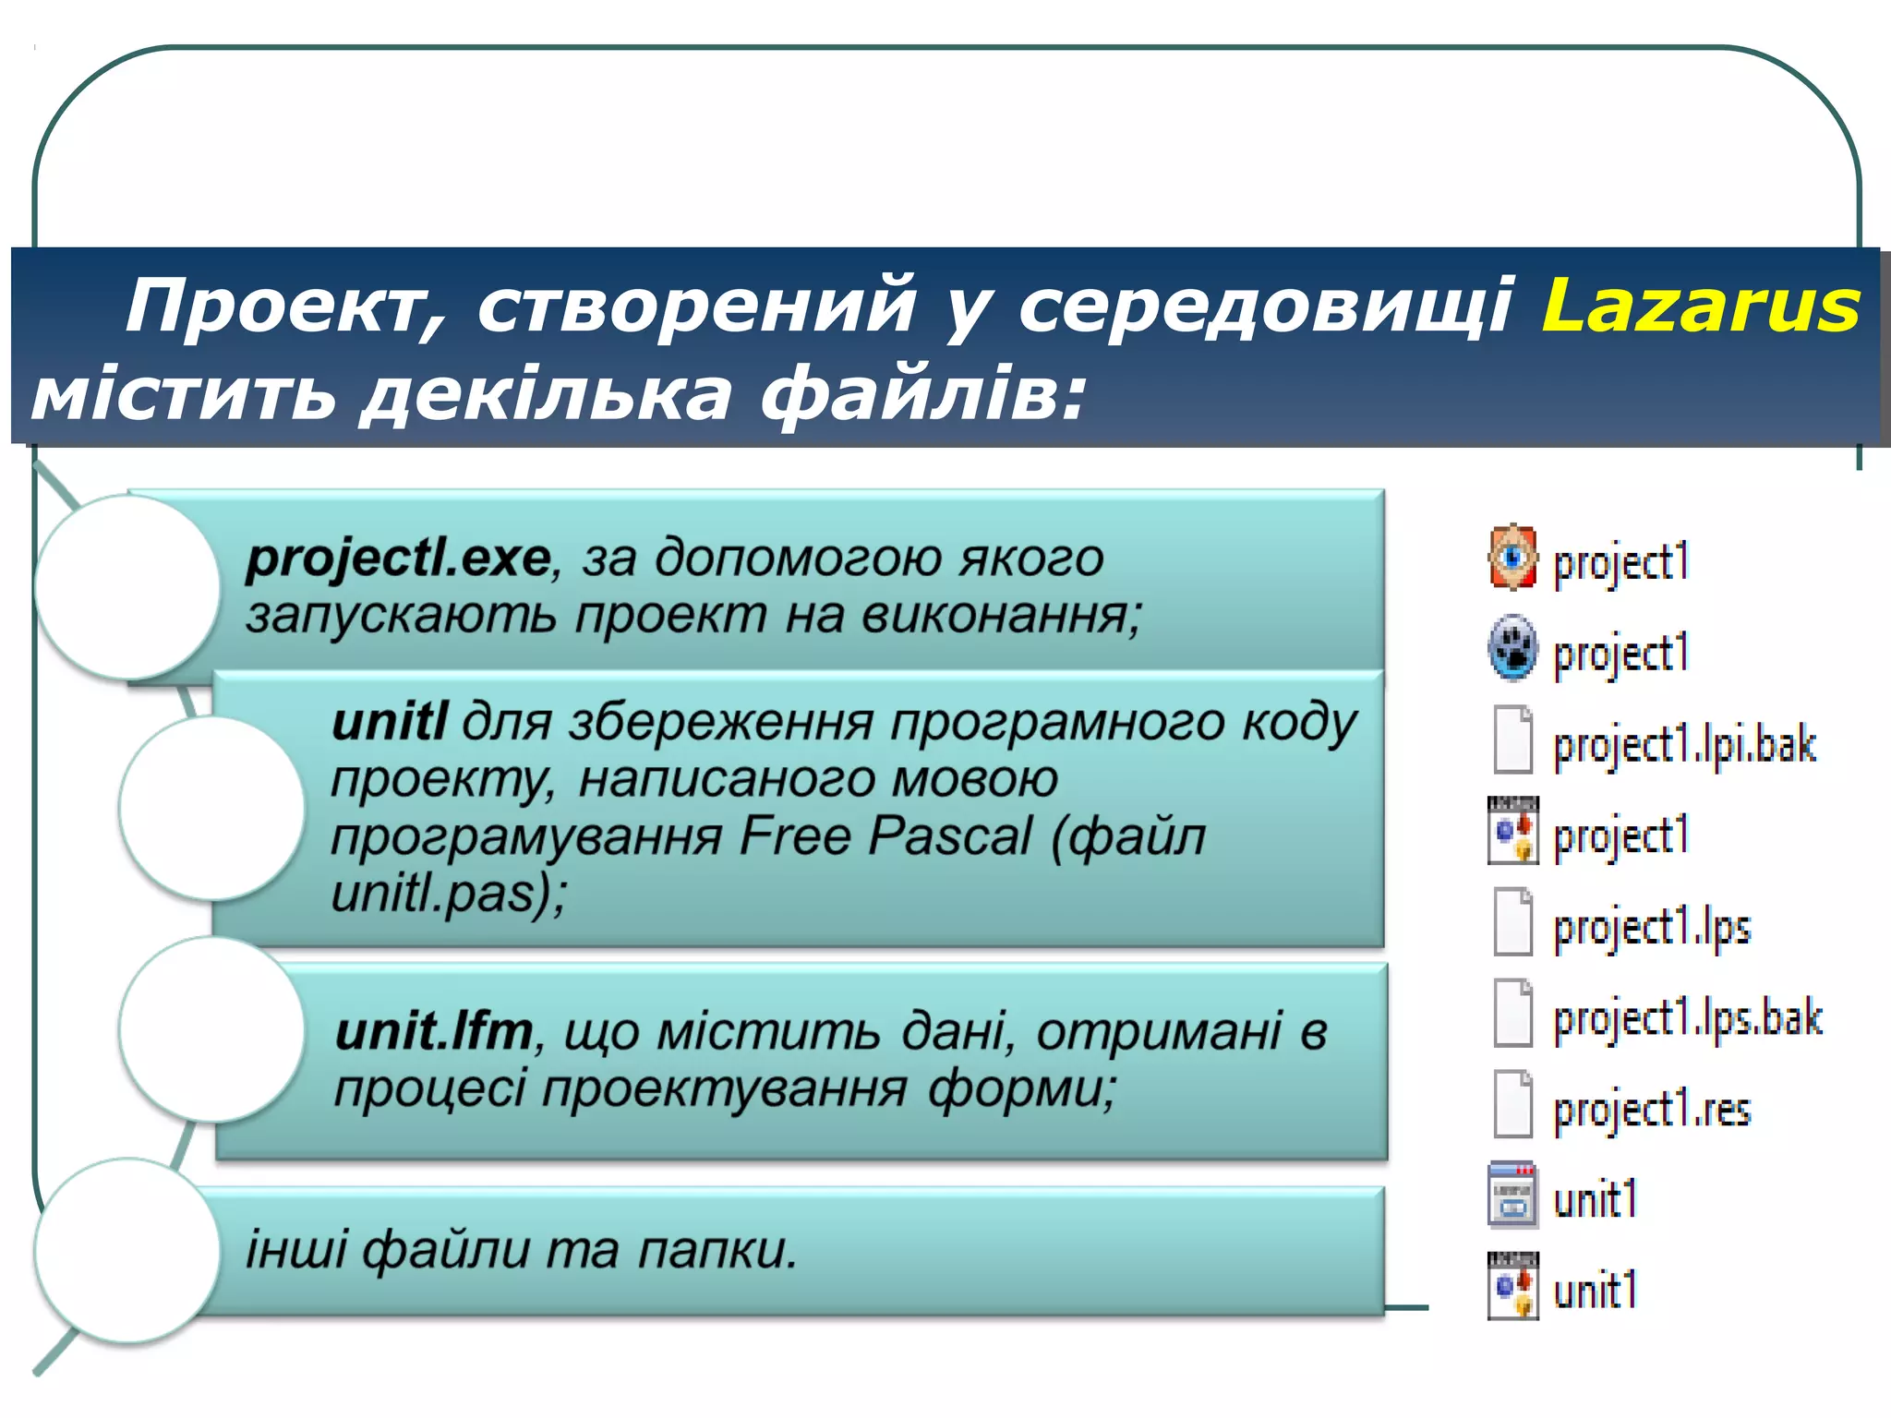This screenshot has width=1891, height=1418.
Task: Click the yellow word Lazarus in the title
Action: pyautogui.click(x=1700, y=306)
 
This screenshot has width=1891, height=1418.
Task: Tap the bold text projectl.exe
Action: pyautogui.click(x=398, y=559)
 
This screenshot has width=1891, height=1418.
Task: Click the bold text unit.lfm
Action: pyautogui.click(x=434, y=1031)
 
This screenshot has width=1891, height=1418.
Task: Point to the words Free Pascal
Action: pyautogui.click(x=885, y=836)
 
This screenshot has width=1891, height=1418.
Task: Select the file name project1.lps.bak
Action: pyautogui.click(x=1688, y=1018)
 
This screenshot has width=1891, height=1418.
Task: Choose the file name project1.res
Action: pyautogui.click(x=1652, y=1109)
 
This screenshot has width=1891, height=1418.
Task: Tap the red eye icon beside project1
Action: pyautogui.click(x=1512, y=557)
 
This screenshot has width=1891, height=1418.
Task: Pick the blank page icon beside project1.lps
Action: pyautogui.click(x=1512, y=921)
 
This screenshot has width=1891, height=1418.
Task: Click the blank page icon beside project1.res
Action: pyautogui.click(x=1512, y=1104)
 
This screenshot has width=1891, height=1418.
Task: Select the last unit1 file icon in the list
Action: pyautogui.click(x=1512, y=1287)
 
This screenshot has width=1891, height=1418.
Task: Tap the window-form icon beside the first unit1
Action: pyautogui.click(x=1512, y=1196)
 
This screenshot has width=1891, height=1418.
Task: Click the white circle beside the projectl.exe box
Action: pyautogui.click(x=127, y=587)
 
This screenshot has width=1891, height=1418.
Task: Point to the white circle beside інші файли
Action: pyautogui.click(x=127, y=1251)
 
